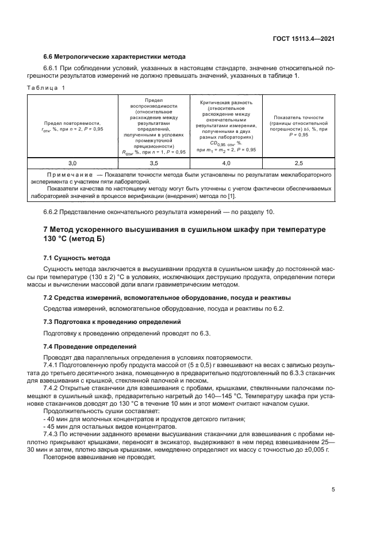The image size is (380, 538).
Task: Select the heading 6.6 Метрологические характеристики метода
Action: pos(114,57)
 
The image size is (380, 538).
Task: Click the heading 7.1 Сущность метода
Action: pos(76,258)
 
